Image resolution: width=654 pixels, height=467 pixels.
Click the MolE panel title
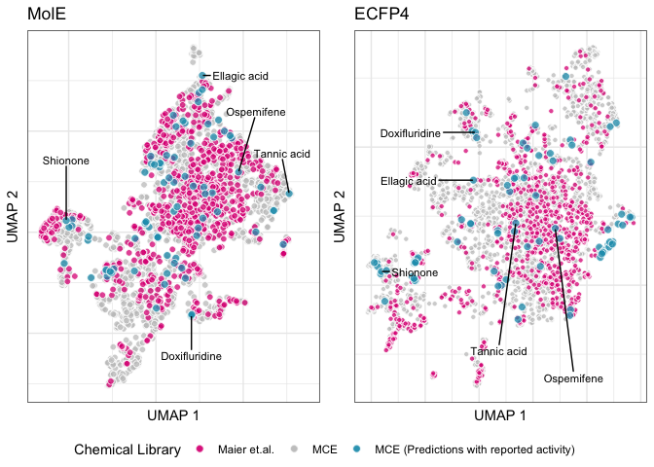47,15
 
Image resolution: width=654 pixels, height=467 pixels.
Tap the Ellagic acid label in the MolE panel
239,75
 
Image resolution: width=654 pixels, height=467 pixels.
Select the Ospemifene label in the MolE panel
256,113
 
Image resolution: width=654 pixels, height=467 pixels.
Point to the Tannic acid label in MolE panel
281,154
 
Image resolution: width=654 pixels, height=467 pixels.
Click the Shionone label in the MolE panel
65,161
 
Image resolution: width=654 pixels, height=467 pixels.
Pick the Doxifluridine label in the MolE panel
191,356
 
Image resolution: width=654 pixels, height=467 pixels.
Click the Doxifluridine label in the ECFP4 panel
410,133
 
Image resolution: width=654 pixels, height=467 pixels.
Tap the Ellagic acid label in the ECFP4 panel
409,181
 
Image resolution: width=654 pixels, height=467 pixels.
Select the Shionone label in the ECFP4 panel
415,273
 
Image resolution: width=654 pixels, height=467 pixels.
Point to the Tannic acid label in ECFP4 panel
498,351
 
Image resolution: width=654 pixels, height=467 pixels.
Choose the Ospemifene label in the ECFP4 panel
573,377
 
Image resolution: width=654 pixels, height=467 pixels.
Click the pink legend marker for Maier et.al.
200,449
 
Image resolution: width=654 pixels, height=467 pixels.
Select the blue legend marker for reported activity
358,449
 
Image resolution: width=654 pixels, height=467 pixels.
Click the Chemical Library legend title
127,449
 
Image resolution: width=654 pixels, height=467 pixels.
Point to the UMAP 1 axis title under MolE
173,415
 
